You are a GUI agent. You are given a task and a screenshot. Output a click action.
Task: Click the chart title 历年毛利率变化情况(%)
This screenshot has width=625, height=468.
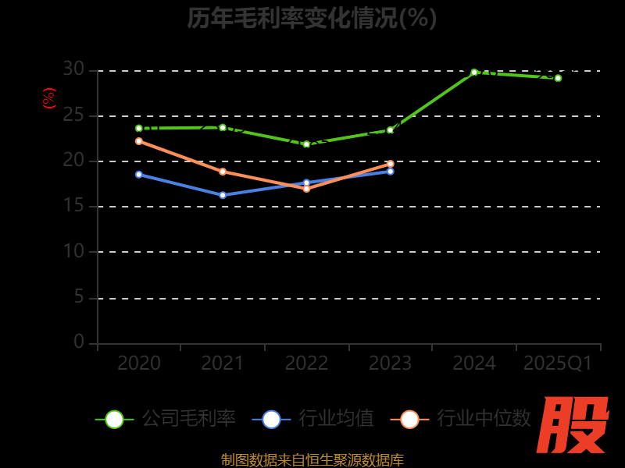(x=312, y=17)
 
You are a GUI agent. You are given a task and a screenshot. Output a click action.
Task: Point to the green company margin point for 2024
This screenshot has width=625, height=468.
(x=474, y=72)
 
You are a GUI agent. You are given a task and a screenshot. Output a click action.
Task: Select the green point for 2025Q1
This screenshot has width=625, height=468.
(x=558, y=78)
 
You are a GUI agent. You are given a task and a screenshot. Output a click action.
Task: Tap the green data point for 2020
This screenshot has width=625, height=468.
(x=139, y=128)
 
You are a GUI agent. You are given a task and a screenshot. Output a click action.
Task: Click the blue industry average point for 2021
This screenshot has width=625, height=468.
(x=223, y=195)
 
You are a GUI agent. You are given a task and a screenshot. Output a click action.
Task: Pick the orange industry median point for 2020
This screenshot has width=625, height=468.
(x=139, y=141)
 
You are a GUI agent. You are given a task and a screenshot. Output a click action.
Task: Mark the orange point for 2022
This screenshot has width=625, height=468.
(x=306, y=189)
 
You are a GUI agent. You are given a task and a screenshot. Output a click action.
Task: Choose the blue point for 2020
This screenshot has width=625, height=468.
(x=139, y=174)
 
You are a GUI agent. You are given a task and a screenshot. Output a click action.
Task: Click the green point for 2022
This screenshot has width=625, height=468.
(x=306, y=144)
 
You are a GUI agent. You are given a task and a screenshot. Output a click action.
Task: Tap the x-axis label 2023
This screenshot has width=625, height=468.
(x=390, y=363)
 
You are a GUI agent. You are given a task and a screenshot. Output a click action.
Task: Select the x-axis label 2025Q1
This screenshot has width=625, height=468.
(x=558, y=363)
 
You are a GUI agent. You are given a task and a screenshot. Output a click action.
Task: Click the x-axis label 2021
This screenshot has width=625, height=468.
(x=223, y=363)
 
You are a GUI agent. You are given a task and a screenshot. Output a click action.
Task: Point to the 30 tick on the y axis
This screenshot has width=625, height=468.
(x=73, y=69)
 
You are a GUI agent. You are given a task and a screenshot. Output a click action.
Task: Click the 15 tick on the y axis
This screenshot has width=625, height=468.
(x=73, y=206)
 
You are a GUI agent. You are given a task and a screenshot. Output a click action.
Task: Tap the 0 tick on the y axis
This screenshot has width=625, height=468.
(x=79, y=342)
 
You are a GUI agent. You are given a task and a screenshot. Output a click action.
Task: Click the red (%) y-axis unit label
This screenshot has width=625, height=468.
(x=49, y=98)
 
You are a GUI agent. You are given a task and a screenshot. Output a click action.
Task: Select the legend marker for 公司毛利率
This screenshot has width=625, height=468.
(x=114, y=419)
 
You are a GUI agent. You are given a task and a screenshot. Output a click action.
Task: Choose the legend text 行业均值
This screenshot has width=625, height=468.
(x=337, y=419)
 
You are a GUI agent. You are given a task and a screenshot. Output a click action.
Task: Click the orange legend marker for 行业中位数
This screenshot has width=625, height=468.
(x=409, y=419)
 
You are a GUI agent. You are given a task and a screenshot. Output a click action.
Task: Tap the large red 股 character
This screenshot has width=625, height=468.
(x=573, y=425)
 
